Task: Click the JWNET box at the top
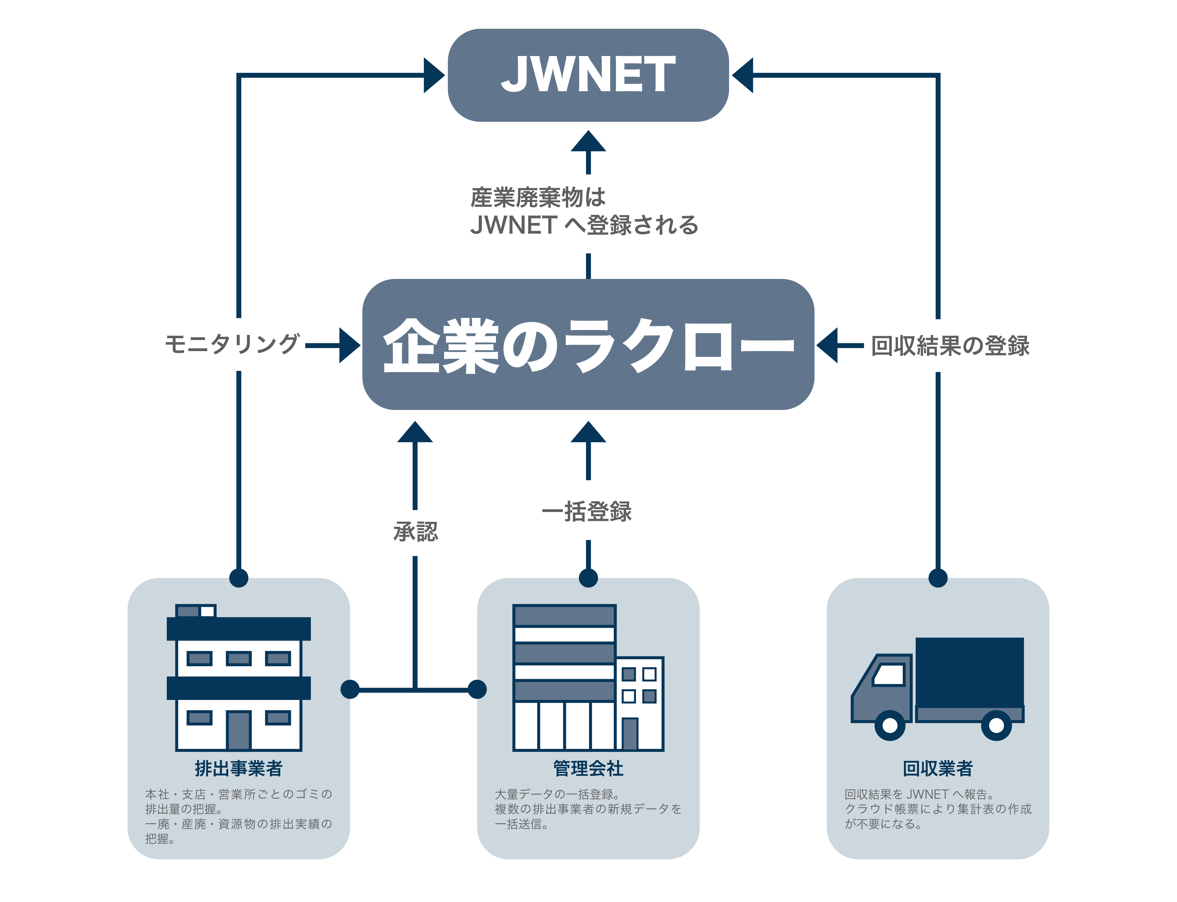pos(588,75)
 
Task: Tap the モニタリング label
pos(232,344)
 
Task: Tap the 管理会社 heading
pos(588,768)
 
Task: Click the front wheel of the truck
pos(889,725)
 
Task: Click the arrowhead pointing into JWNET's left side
pos(433,75)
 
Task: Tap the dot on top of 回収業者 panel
pos(938,578)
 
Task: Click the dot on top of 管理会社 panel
pos(588,578)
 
